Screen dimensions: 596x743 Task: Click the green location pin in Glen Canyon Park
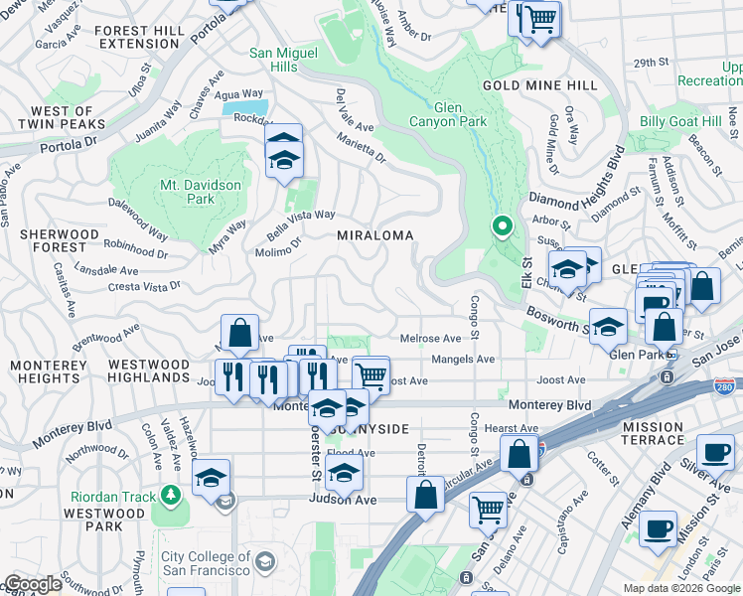click(503, 227)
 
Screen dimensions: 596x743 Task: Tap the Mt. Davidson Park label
click(187, 192)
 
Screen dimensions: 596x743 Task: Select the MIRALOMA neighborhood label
click(374, 235)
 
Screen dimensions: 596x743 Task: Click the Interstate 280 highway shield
click(725, 382)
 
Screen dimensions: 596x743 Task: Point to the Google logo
click(33, 584)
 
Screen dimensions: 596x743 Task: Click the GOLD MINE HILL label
click(540, 85)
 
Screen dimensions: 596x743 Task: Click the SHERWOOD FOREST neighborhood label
click(60, 241)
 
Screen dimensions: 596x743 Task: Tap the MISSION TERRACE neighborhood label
click(653, 433)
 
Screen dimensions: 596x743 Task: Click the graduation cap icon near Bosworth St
click(608, 327)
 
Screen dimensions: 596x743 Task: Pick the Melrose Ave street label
click(430, 339)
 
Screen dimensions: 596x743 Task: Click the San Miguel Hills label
click(286, 60)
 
